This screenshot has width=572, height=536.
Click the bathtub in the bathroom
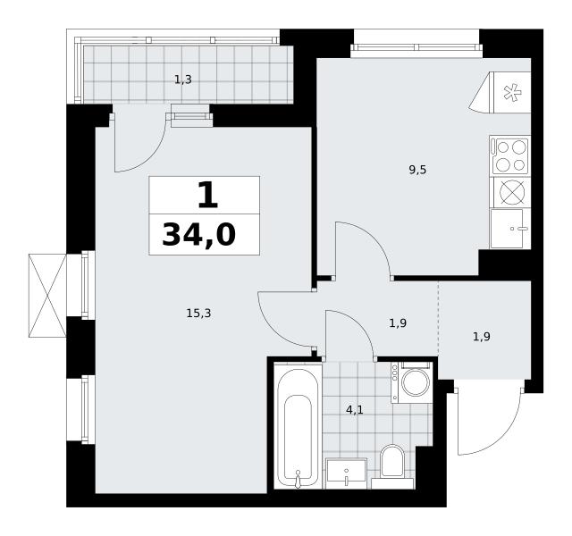[x=298, y=425]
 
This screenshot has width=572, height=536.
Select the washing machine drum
[x=416, y=383]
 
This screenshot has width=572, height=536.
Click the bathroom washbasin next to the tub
[x=346, y=473]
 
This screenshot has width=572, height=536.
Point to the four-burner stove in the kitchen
[x=510, y=155]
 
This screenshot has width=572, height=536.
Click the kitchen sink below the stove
[x=510, y=229]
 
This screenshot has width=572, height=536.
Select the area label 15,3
[x=198, y=313]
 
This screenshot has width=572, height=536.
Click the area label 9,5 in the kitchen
[x=417, y=170]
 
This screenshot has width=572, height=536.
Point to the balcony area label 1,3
[x=183, y=80]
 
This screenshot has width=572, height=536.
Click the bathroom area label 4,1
[x=355, y=410]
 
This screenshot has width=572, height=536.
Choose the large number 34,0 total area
[x=199, y=235]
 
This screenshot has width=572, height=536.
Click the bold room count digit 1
[x=208, y=195]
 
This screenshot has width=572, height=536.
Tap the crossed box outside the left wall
[x=47, y=296]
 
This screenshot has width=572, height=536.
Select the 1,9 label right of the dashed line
[x=482, y=337]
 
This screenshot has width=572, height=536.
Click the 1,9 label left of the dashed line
[x=398, y=323]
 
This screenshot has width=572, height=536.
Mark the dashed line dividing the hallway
[x=438, y=319]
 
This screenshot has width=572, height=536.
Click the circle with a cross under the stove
[x=512, y=192]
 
